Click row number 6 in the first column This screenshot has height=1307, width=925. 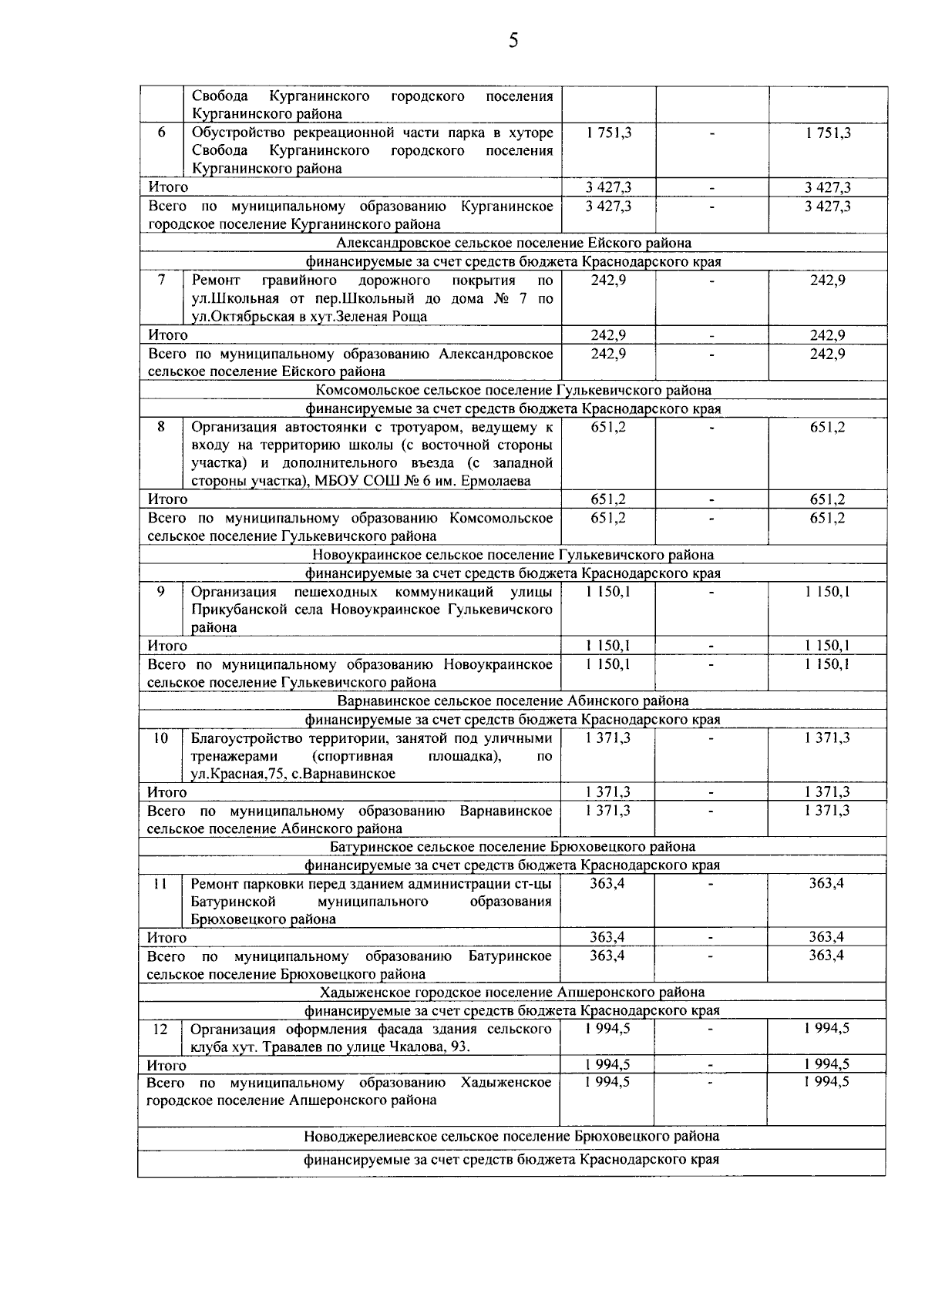(161, 132)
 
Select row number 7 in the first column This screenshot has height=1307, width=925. (161, 280)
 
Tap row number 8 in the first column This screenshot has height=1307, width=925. (161, 426)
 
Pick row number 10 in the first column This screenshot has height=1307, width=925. (160, 737)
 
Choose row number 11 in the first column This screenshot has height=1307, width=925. (160, 883)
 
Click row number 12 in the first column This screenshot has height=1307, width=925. (160, 1029)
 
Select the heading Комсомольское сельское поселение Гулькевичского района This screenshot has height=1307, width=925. (513, 390)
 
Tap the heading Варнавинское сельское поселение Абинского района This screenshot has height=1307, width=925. (513, 701)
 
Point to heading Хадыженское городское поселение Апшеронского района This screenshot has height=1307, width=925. (512, 992)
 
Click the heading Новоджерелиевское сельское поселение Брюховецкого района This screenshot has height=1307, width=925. (512, 1136)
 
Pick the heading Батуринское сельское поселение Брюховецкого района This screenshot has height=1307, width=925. (512, 846)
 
